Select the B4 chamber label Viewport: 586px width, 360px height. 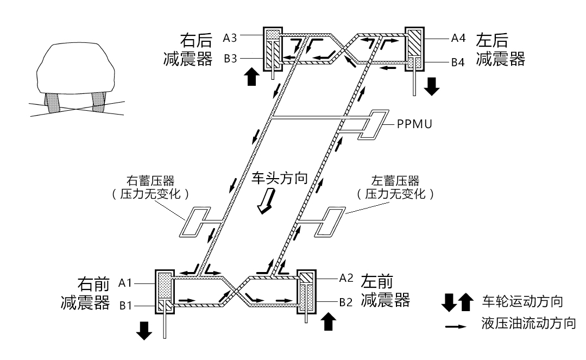click(457, 62)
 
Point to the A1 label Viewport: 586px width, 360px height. click(125, 283)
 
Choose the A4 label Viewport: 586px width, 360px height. click(457, 39)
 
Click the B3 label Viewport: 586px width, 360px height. click(230, 59)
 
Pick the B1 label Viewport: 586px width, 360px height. click(125, 306)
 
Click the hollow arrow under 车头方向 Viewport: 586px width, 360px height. click(266, 205)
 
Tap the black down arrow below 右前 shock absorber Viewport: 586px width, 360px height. click(144, 330)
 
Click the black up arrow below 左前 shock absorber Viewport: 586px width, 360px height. click(329, 323)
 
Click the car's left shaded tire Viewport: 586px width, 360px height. click(53, 103)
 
